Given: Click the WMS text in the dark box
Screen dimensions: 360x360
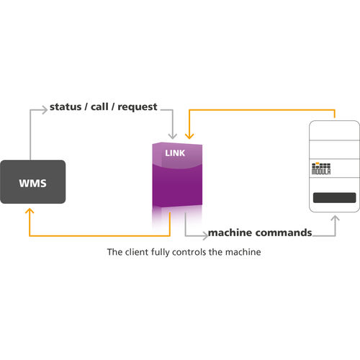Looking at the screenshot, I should click(32, 183).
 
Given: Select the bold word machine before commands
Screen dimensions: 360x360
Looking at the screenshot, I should click(230, 233).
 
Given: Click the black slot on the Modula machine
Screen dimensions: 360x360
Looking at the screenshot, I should click(333, 197).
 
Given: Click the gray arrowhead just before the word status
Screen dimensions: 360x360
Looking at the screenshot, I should click(44, 109).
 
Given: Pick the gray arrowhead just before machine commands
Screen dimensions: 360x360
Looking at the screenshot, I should click(203, 234).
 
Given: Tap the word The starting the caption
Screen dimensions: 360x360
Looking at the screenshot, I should click(114, 253).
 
